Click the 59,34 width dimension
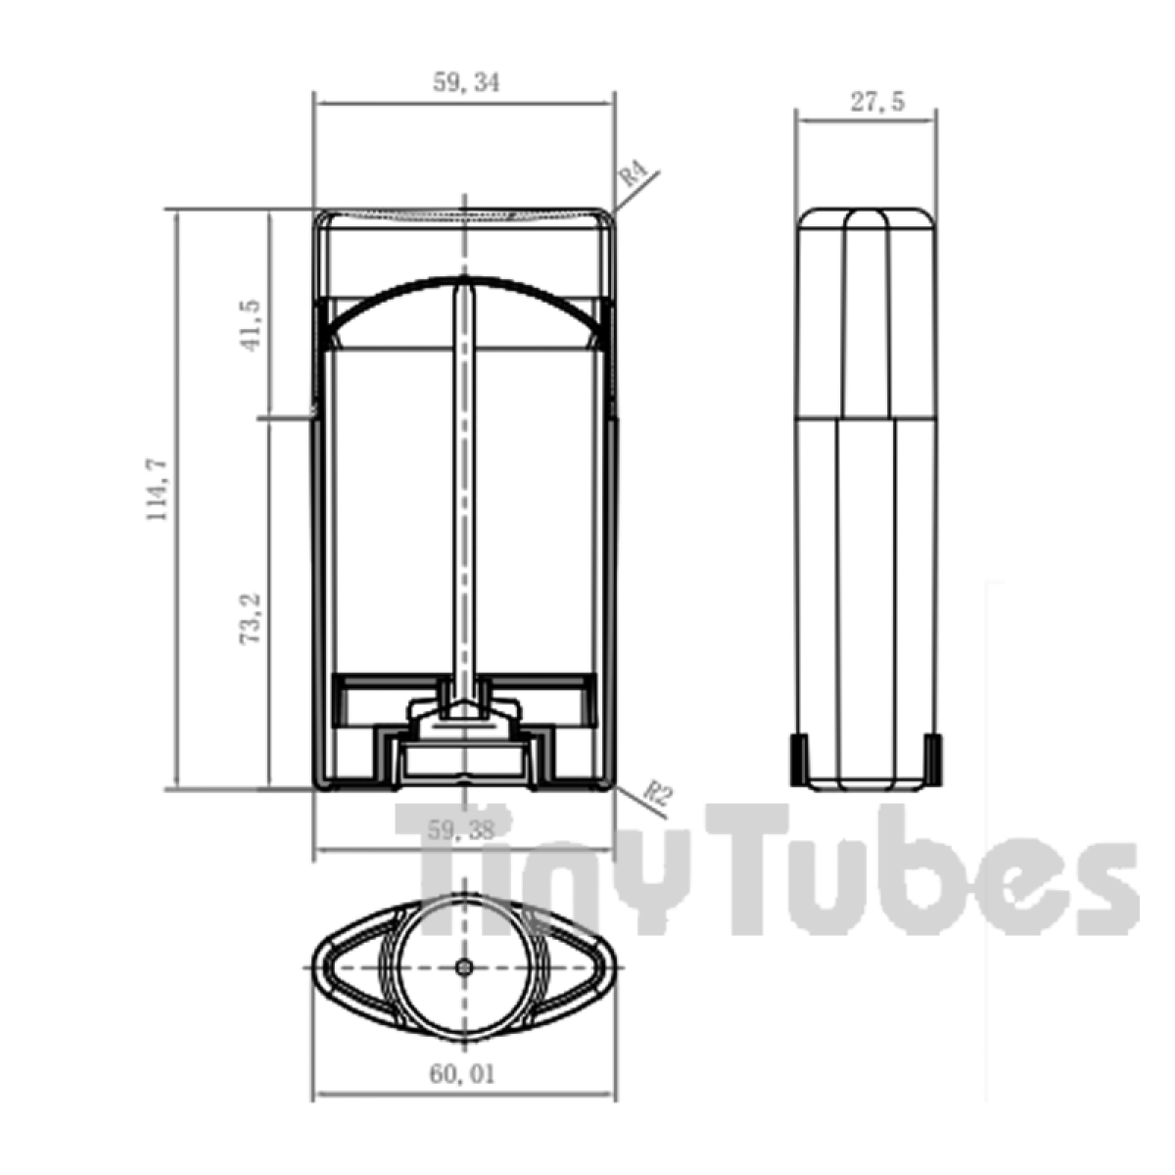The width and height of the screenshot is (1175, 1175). coord(465,83)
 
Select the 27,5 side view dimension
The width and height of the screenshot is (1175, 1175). coord(876,102)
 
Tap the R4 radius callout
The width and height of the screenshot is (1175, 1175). coord(634,176)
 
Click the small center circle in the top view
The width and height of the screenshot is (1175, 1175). coord(465,967)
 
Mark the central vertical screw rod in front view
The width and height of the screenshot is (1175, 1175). coord(464,490)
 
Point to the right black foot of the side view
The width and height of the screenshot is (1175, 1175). coord(933,759)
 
